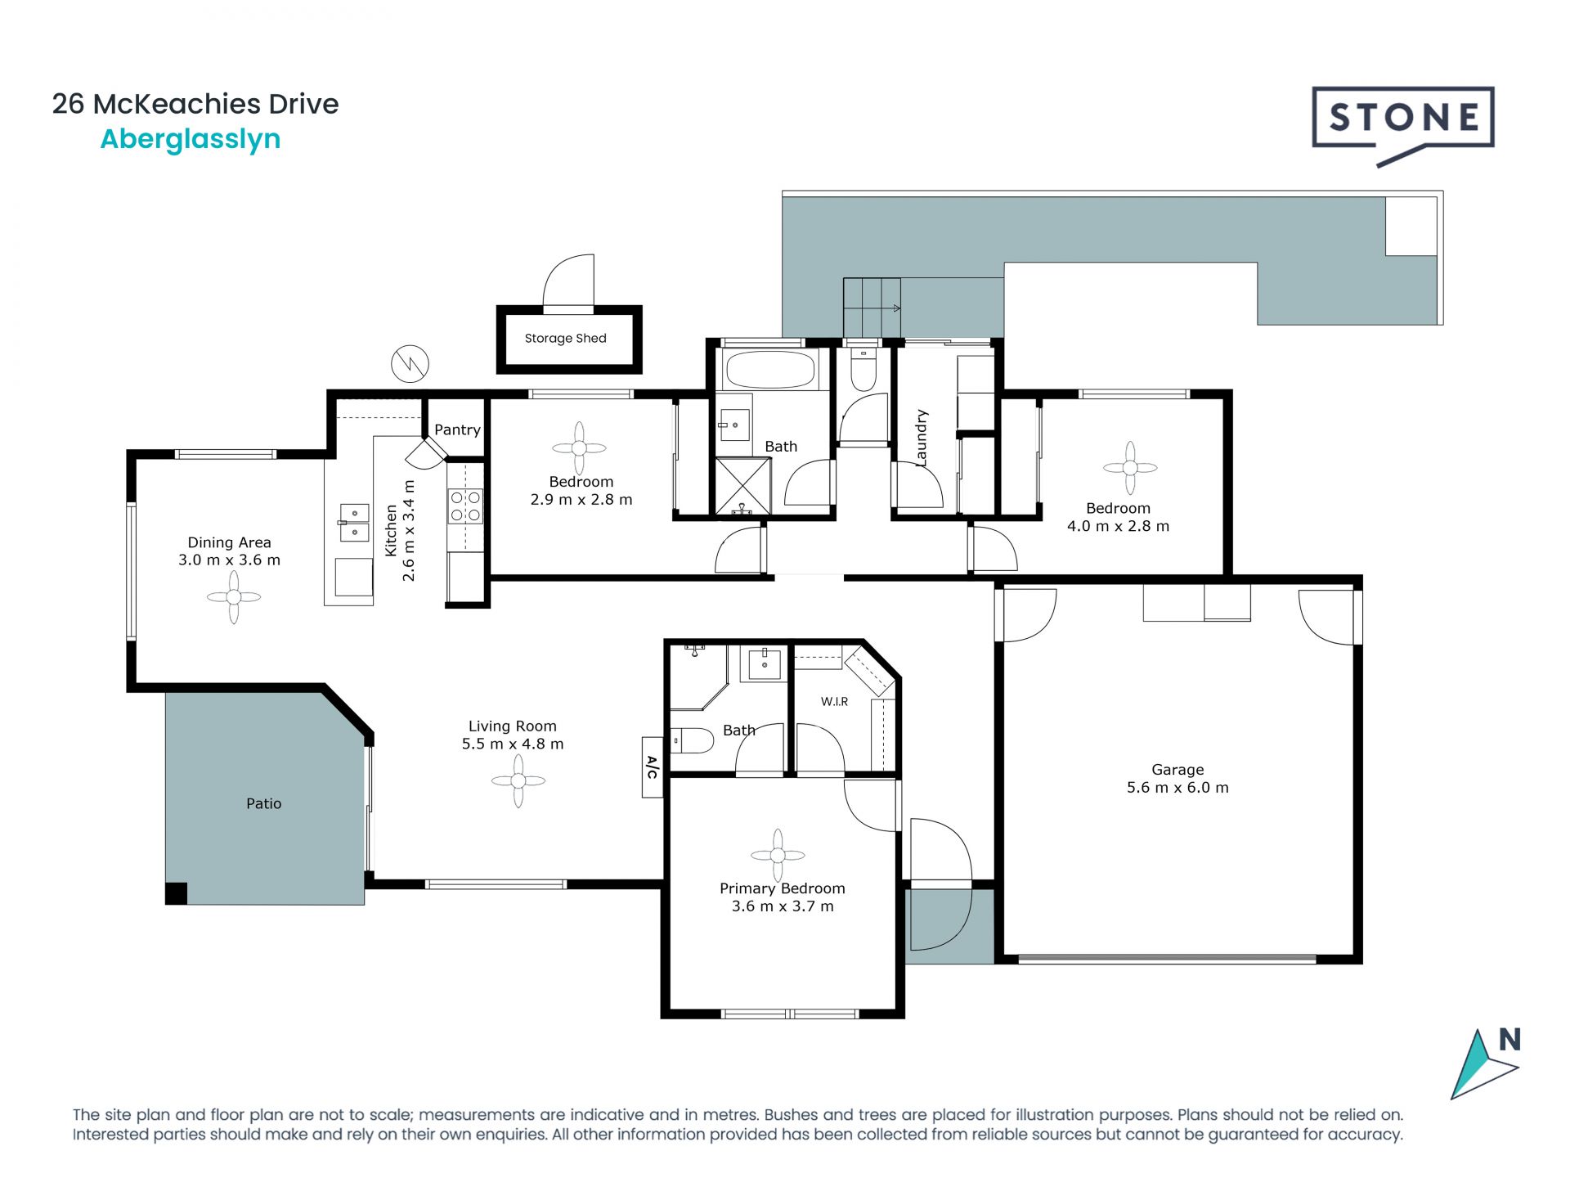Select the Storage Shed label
click(x=566, y=338)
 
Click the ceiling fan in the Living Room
click(x=518, y=780)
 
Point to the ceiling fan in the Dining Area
click(x=234, y=597)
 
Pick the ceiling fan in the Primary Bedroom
click(x=778, y=856)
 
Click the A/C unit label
click(x=652, y=767)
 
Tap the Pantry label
click(x=457, y=429)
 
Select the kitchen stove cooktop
click(x=465, y=506)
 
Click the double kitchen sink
click(x=354, y=522)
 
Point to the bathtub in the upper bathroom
click(x=770, y=370)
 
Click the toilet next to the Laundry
click(x=863, y=369)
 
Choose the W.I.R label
click(x=834, y=701)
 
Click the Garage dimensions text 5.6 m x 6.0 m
click(x=1177, y=787)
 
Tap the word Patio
click(x=263, y=803)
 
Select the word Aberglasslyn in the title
click(x=191, y=140)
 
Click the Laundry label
click(x=922, y=438)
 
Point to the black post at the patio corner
click(x=176, y=893)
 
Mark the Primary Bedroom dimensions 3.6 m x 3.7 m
click(x=783, y=906)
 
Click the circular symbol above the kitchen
click(x=410, y=363)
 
